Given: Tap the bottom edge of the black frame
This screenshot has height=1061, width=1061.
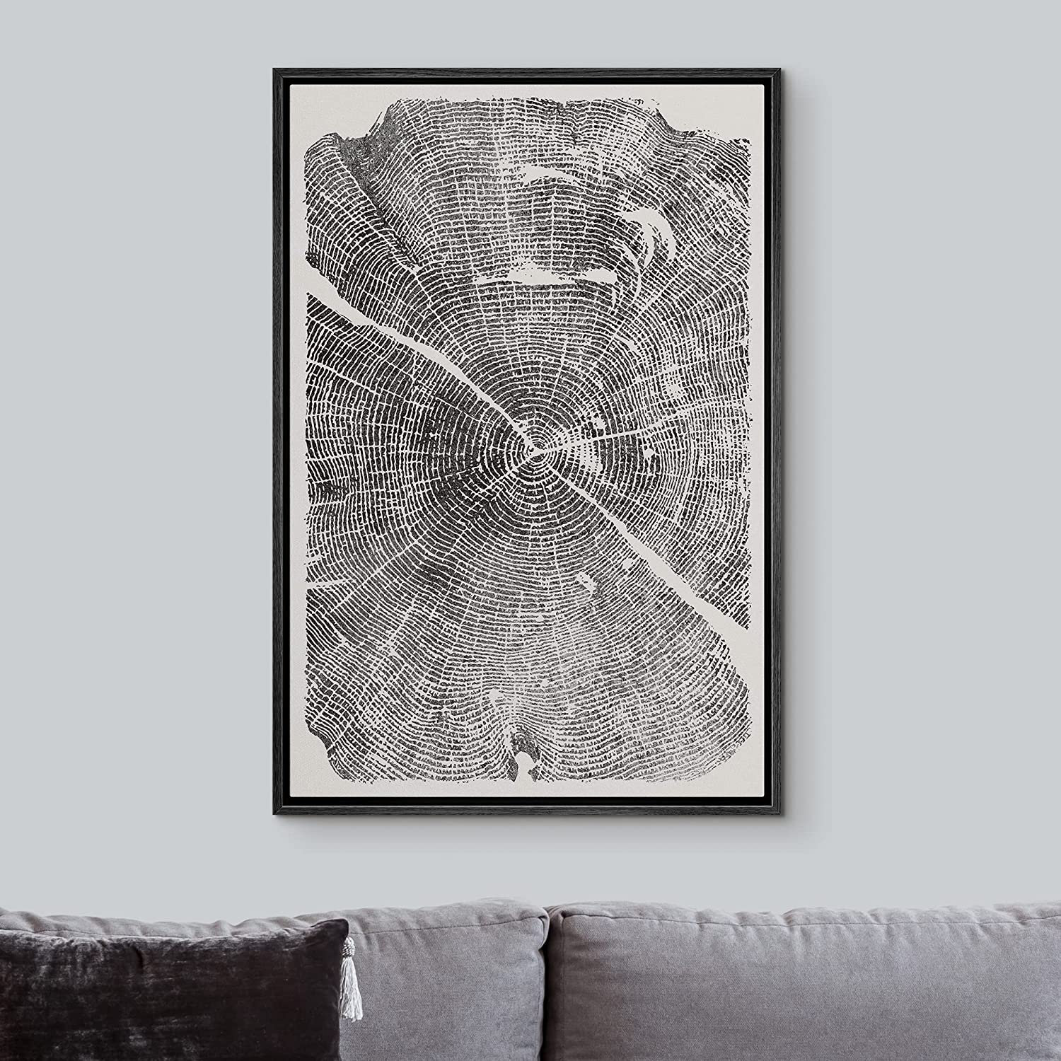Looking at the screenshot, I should click(x=530, y=815).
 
